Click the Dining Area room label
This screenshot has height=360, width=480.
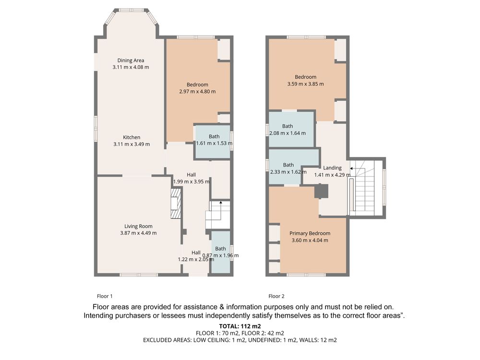(131, 60)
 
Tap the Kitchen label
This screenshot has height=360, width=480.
(132, 137)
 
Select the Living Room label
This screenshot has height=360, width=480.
(138, 226)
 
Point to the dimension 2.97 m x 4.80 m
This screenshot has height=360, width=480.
(197, 91)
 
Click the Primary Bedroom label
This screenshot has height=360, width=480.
(310, 233)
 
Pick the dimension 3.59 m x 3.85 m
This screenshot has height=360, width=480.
(305, 84)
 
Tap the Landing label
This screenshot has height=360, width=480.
(333, 168)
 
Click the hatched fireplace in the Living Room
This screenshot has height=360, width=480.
(176, 203)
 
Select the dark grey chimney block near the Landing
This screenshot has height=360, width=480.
(322, 192)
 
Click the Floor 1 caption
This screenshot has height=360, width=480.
(105, 296)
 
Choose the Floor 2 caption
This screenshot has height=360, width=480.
(276, 296)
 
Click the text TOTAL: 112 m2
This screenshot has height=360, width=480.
(240, 326)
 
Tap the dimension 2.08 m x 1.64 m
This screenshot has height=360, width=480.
(288, 133)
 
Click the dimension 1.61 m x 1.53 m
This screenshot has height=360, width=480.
(214, 143)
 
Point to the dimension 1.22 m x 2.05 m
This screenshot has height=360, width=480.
(196, 259)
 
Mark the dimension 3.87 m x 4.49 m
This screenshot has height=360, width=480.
(138, 233)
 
